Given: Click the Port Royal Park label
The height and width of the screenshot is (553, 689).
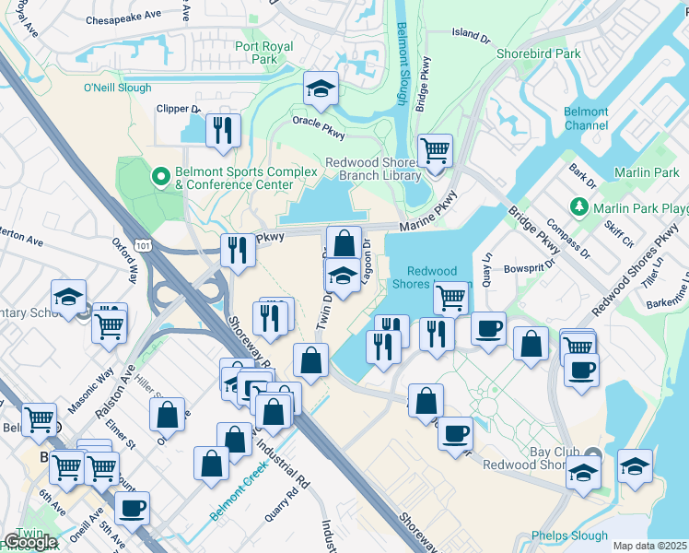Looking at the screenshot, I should click(263, 53).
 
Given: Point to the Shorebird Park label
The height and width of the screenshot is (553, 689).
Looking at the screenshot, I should click(539, 53).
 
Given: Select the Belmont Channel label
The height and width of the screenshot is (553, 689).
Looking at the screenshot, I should click(586, 118).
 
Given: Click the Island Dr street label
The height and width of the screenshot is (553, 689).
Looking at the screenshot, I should click(471, 34).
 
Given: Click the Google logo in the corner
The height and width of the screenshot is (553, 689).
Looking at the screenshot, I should click(29, 542).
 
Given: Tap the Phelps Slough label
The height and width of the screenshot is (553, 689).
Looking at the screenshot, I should click(569, 535).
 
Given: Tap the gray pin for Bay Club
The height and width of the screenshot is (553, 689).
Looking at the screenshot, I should click(592, 454).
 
